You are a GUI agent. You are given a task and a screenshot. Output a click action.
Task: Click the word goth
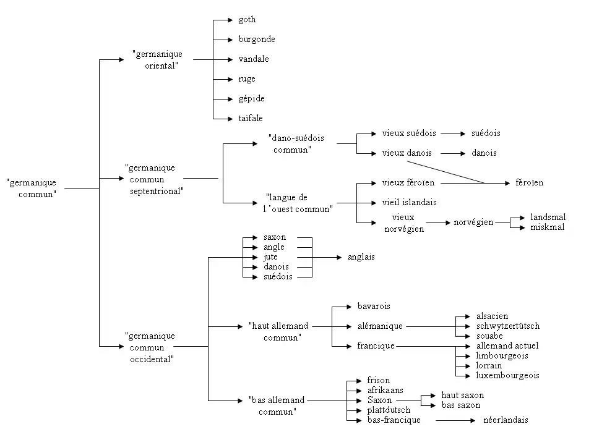[x=247, y=20]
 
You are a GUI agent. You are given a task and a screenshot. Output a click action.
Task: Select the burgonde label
[x=257, y=40]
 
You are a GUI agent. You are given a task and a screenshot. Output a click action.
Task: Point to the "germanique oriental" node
[x=157, y=60]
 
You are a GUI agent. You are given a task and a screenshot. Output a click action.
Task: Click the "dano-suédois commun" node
[x=296, y=143]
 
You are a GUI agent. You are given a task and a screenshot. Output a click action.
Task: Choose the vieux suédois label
[x=409, y=133]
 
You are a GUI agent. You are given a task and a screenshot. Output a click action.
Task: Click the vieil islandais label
[x=409, y=202]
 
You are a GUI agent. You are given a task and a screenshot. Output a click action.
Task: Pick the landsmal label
[x=548, y=218]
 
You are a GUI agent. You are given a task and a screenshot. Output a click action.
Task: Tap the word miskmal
[x=547, y=227]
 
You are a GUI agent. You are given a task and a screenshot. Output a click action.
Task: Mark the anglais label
[x=361, y=257]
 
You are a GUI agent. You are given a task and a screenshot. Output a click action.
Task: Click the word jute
[x=270, y=257]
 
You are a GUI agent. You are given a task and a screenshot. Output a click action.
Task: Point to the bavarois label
[x=374, y=307]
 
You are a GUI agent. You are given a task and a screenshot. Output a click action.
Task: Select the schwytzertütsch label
[x=507, y=326]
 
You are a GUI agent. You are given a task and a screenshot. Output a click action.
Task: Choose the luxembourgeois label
[x=507, y=376]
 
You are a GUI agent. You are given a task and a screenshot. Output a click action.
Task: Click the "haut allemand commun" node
[x=278, y=331]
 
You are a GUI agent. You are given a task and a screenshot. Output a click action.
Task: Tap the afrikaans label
[x=385, y=391]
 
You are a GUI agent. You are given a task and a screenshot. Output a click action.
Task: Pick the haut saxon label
[x=462, y=396]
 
